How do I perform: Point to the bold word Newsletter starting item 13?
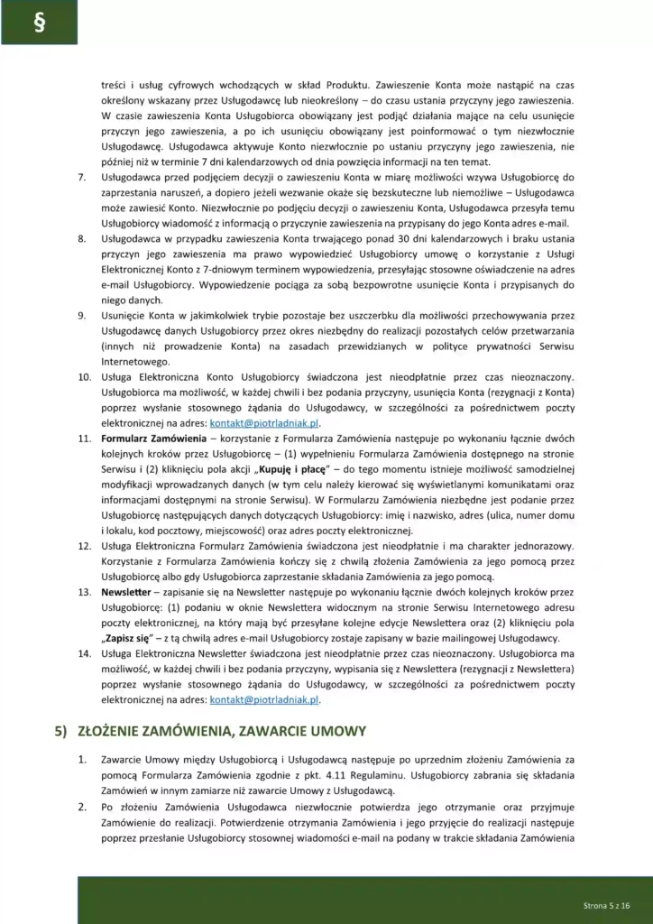tap(125, 592)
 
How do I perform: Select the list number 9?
tap(83, 315)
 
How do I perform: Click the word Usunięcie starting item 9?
tap(127, 315)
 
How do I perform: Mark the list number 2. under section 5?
tap(82, 807)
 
